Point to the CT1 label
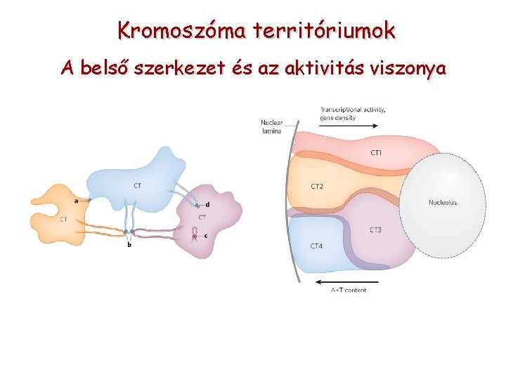pos(377,152)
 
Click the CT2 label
pos(317,187)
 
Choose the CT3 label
pos(376,230)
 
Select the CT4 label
pos(317,246)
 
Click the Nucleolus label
pos(443,203)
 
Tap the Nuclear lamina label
pos(271,127)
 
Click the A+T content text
pos(349,290)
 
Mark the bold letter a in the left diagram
pos(76,201)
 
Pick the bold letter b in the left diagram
pos(129,244)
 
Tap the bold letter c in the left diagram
pos(206,236)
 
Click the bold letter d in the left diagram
pos(207,204)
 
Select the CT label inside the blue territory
pos(136,185)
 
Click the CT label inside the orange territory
pos(63,219)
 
